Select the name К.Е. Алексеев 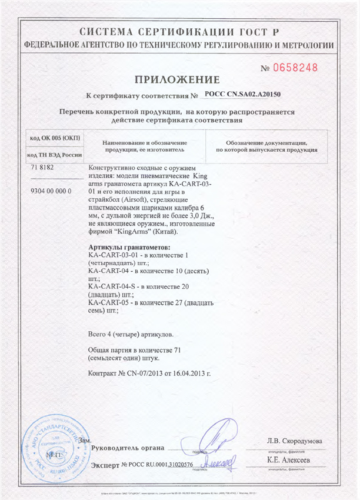(289, 459)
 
